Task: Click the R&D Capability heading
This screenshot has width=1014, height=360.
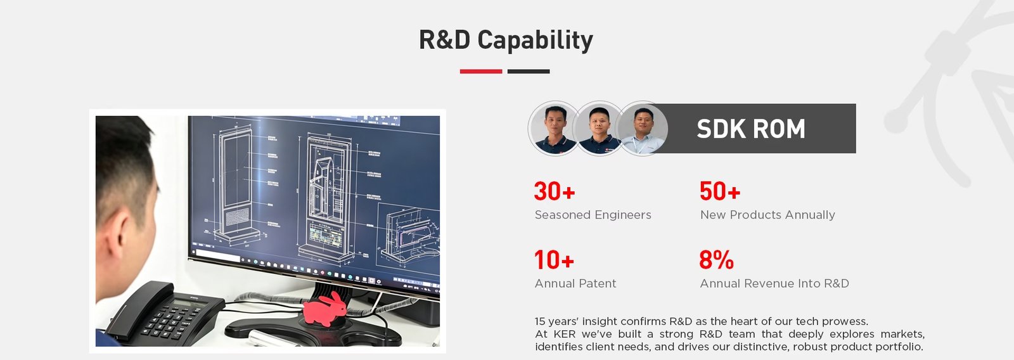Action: click(x=506, y=40)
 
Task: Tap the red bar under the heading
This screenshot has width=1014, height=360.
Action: click(x=481, y=71)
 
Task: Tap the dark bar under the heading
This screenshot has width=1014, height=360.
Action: click(x=529, y=71)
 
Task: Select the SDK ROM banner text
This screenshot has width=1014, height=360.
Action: click(x=751, y=129)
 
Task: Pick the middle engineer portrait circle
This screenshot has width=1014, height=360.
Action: click(x=599, y=129)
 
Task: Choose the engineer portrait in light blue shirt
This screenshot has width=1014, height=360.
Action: click(x=643, y=129)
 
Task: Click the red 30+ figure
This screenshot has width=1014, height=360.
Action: click(x=555, y=191)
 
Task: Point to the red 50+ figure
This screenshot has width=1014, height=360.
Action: click(x=720, y=191)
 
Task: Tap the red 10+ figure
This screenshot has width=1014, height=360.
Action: click(x=555, y=260)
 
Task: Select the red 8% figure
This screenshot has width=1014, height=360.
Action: click(x=716, y=260)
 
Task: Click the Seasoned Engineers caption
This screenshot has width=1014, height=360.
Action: click(x=593, y=215)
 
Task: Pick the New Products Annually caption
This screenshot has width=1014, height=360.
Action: click(x=767, y=215)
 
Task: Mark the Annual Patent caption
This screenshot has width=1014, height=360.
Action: click(x=575, y=283)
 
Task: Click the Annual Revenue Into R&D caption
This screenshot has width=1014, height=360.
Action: click(x=774, y=283)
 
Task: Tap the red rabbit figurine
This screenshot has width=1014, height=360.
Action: click(x=324, y=309)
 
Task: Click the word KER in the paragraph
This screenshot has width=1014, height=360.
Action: click(x=565, y=334)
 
